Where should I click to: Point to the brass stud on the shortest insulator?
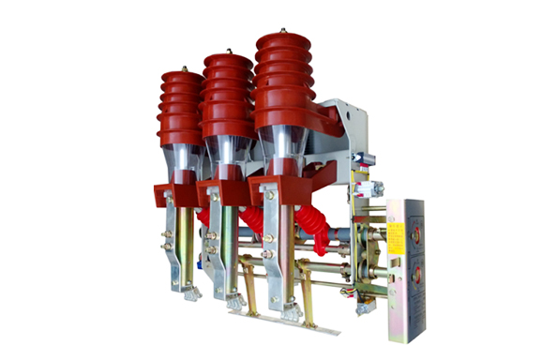183,68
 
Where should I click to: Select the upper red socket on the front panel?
414,227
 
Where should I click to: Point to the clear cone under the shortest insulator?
182,157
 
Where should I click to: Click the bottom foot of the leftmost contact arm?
191,294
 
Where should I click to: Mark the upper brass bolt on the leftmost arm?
168,234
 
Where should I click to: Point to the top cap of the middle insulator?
229,60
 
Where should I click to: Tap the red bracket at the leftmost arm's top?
169,193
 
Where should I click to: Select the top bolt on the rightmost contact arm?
270,196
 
